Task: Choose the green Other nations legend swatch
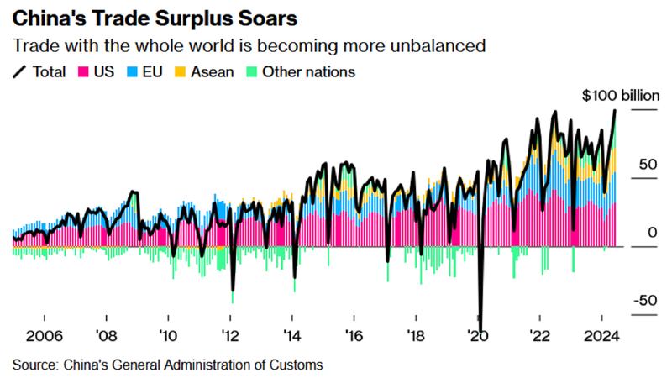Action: click(x=250, y=72)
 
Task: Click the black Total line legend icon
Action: click(x=19, y=72)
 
